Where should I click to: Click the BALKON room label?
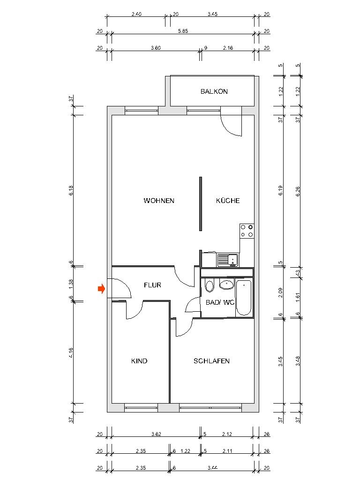214,91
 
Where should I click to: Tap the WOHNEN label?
159,201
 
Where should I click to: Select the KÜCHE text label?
228,201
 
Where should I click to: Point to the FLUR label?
153,285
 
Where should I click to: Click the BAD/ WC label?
220,302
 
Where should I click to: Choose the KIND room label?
139,361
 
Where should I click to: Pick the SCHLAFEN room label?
211,361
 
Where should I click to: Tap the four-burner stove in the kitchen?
247,230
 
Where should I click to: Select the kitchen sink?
228,260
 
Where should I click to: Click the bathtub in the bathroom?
244,298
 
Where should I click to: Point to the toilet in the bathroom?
210,285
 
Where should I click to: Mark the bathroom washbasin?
227,285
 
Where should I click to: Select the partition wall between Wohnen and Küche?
201,203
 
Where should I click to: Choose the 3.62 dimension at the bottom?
157,435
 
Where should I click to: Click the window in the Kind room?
141,407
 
